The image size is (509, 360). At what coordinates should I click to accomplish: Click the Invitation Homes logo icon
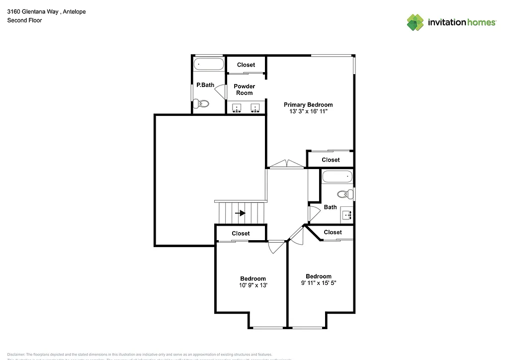[x=416, y=22]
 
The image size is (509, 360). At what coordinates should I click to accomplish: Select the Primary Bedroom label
[x=308, y=104]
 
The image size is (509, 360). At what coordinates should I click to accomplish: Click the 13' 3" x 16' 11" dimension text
[x=308, y=111]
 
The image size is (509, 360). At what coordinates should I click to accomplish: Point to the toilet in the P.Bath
[x=201, y=104]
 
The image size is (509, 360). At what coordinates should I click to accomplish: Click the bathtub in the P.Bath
[x=209, y=64]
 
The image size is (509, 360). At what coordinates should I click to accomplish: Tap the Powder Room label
[x=244, y=90]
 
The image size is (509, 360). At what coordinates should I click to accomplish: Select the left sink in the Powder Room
[x=237, y=107]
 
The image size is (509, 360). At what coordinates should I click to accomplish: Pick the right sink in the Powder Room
[x=256, y=107]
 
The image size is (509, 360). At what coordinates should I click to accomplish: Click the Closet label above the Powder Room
[x=246, y=65]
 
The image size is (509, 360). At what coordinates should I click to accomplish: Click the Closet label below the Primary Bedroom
[x=331, y=160]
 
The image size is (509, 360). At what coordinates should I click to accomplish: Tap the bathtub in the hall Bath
[x=337, y=177]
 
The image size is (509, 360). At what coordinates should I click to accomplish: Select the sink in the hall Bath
[x=346, y=215]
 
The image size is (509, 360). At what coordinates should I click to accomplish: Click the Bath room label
[x=330, y=207]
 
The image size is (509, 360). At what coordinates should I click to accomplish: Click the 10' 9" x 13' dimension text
[x=253, y=285]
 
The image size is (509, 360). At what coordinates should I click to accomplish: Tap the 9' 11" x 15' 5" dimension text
[x=319, y=283]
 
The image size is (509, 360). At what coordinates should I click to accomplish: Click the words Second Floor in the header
[x=24, y=20]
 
